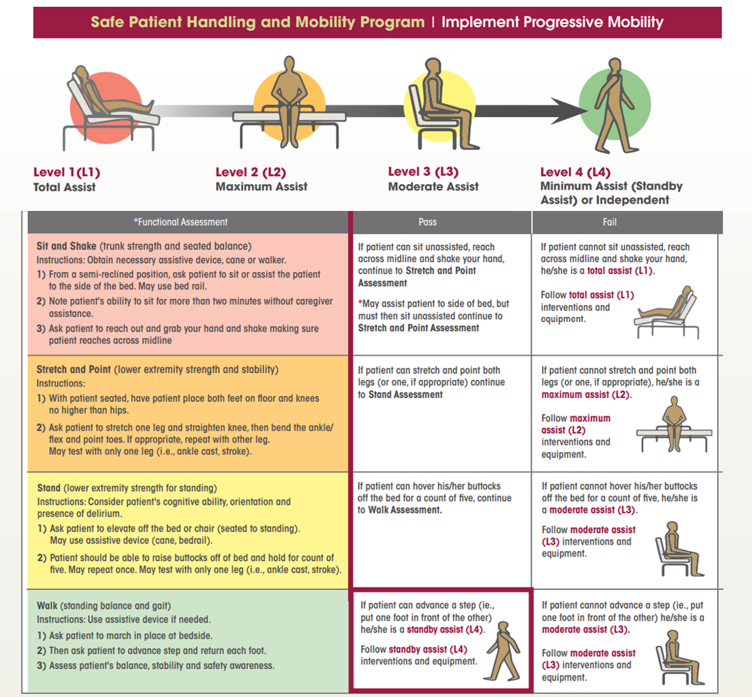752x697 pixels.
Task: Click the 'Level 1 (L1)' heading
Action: coord(67,172)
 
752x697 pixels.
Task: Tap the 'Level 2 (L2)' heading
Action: coord(250,172)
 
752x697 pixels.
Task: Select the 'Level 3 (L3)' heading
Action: coord(423,172)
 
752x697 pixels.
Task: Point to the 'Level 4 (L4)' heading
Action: coord(575,172)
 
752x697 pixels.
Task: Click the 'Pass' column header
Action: coord(427,222)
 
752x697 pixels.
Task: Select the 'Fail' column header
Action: coord(610,222)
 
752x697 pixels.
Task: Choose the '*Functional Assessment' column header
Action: coord(181,222)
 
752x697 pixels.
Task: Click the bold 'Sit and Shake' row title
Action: coord(66,246)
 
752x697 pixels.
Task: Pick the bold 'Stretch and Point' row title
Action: coord(74,369)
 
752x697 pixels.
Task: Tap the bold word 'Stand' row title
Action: coord(49,488)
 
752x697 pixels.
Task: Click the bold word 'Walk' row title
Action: coord(47,605)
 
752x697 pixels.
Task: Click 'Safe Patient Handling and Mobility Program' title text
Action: coord(257,22)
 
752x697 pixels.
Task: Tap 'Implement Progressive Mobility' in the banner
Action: coord(552,22)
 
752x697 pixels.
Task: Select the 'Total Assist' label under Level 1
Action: coord(64,187)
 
